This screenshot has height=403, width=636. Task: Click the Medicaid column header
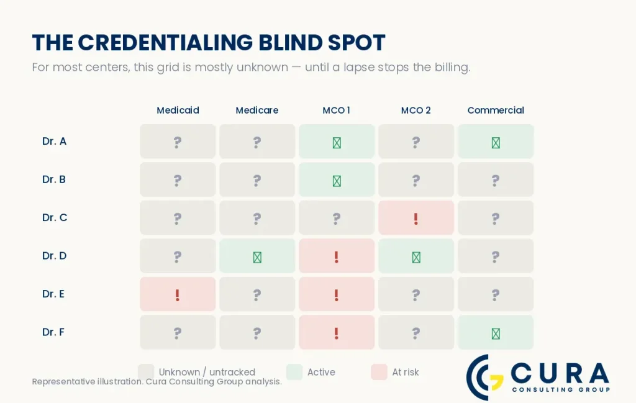coord(178,111)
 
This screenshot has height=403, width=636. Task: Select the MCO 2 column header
coord(416,111)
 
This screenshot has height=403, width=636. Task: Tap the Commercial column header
coord(496,111)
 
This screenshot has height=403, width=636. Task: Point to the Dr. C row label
coord(55,218)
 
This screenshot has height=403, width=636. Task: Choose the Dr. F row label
coord(53,332)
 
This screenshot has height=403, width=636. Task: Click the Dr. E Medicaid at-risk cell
coord(178,294)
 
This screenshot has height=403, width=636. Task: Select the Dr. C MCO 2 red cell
coord(416,218)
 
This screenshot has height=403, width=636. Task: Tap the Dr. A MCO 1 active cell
coord(337,142)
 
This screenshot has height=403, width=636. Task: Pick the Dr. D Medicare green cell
coord(257,256)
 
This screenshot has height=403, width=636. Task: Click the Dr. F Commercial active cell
coord(496,332)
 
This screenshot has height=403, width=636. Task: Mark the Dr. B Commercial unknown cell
coord(496,179)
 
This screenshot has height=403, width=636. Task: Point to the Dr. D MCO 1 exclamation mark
coord(336,257)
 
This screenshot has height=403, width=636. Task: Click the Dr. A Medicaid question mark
coord(177,142)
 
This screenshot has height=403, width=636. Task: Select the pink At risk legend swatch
coord(379,372)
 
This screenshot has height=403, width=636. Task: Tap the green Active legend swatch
coord(294,372)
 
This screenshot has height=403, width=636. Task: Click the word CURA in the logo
coord(560,373)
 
